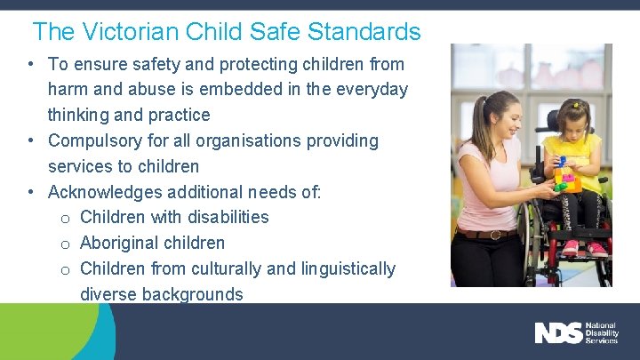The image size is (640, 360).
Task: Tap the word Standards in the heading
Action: [x=364, y=32]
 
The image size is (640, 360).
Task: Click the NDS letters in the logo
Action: [x=558, y=333]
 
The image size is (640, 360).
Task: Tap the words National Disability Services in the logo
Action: [x=605, y=333]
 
